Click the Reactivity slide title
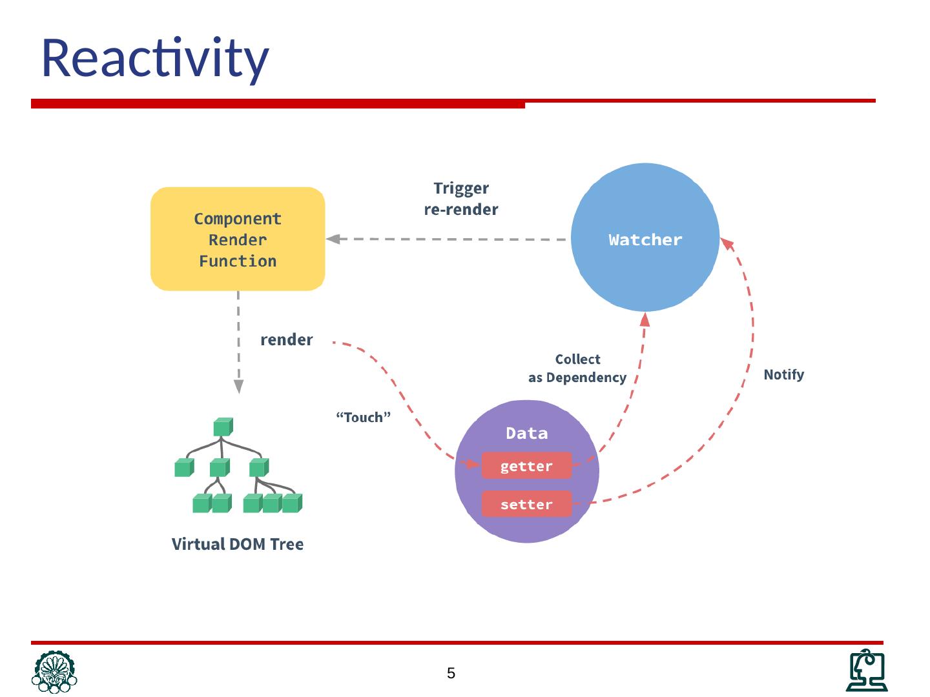click(155, 58)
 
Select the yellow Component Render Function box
click(238, 239)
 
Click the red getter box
click(526, 466)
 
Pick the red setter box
click(526, 504)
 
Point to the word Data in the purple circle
click(526, 433)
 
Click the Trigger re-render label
click(461, 199)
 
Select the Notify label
click(783, 374)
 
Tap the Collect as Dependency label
click(577, 368)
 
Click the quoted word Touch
click(364, 418)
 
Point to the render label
click(286, 339)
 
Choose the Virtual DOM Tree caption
click(238, 544)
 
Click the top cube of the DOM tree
click(222, 427)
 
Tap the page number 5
click(451, 674)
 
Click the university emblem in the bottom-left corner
click(54, 671)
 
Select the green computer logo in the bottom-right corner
click(867, 671)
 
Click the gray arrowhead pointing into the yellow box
click(333, 239)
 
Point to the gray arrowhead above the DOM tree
click(238, 386)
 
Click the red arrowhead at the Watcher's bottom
click(645, 319)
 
